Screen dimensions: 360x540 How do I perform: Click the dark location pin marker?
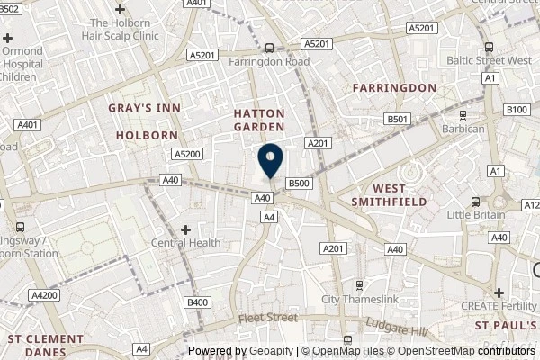(270, 161)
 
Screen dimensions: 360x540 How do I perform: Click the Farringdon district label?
(394, 87)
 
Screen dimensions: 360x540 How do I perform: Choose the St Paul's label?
(505, 325)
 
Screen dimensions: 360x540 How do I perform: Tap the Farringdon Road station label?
(268, 61)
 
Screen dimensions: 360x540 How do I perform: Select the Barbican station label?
(463, 129)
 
